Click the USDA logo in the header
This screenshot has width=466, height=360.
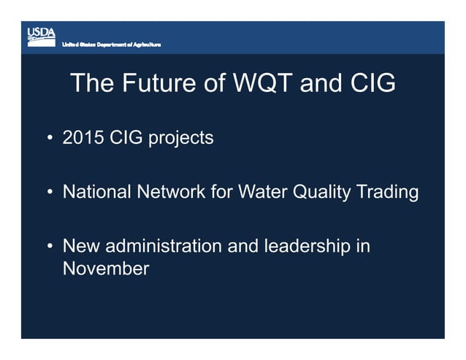(x=41, y=35)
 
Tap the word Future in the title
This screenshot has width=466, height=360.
(x=155, y=83)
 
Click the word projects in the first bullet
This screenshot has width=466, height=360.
(x=181, y=138)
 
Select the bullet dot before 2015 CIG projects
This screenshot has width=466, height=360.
(x=49, y=138)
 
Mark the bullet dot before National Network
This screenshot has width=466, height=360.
(x=49, y=193)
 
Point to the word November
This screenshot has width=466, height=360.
(x=106, y=269)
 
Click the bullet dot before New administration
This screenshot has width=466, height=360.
(x=49, y=248)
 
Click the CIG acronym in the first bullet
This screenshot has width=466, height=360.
(x=126, y=137)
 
